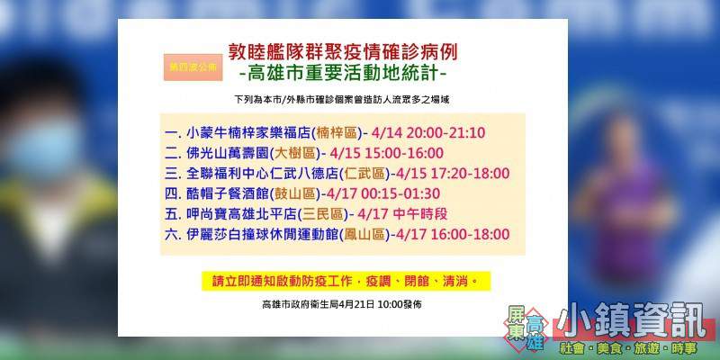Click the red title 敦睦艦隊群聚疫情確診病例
click(x=343, y=53)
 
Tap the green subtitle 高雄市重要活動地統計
click(x=343, y=74)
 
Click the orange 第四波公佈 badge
click(x=193, y=67)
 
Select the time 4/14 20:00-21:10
click(x=430, y=133)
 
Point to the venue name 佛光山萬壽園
click(x=228, y=153)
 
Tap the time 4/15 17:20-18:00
click(x=453, y=174)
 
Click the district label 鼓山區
click(x=296, y=193)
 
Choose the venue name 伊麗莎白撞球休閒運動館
click(x=263, y=234)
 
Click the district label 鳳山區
click(x=365, y=234)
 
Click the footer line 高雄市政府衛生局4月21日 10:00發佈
click(x=342, y=304)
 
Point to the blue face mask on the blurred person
click(x=43, y=148)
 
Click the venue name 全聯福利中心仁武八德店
click(x=263, y=174)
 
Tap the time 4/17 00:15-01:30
click(x=383, y=193)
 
